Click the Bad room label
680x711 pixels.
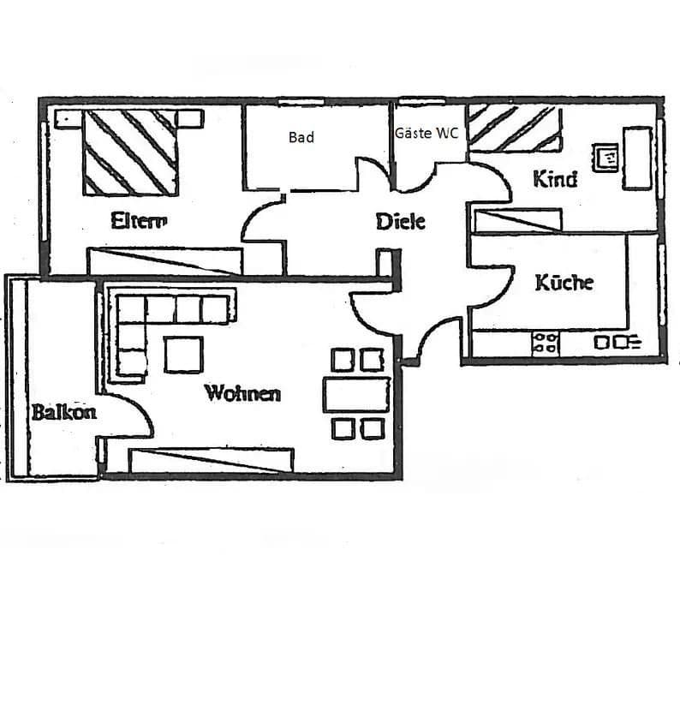click(301, 137)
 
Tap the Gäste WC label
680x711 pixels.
click(426, 134)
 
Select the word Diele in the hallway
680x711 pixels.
click(401, 221)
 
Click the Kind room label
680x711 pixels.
click(555, 179)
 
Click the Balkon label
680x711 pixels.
click(63, 412)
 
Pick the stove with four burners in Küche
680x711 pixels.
click(546, 343)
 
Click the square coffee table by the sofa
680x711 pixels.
click(183, 355)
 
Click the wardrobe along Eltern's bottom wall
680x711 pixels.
click(164, 260)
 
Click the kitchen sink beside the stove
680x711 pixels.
click(616, 343)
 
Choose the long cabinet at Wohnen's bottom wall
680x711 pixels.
click(211, 460)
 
